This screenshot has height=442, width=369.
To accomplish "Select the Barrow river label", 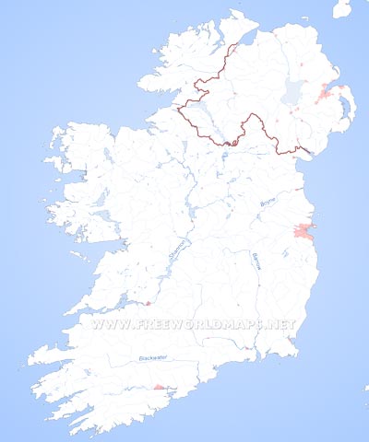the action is tap(257, 261).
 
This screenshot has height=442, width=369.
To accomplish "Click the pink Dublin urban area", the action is tap(304, 231).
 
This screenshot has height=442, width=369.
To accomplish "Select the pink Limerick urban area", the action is tap(146, 302).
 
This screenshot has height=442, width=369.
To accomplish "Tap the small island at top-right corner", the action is tap(342, 8).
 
